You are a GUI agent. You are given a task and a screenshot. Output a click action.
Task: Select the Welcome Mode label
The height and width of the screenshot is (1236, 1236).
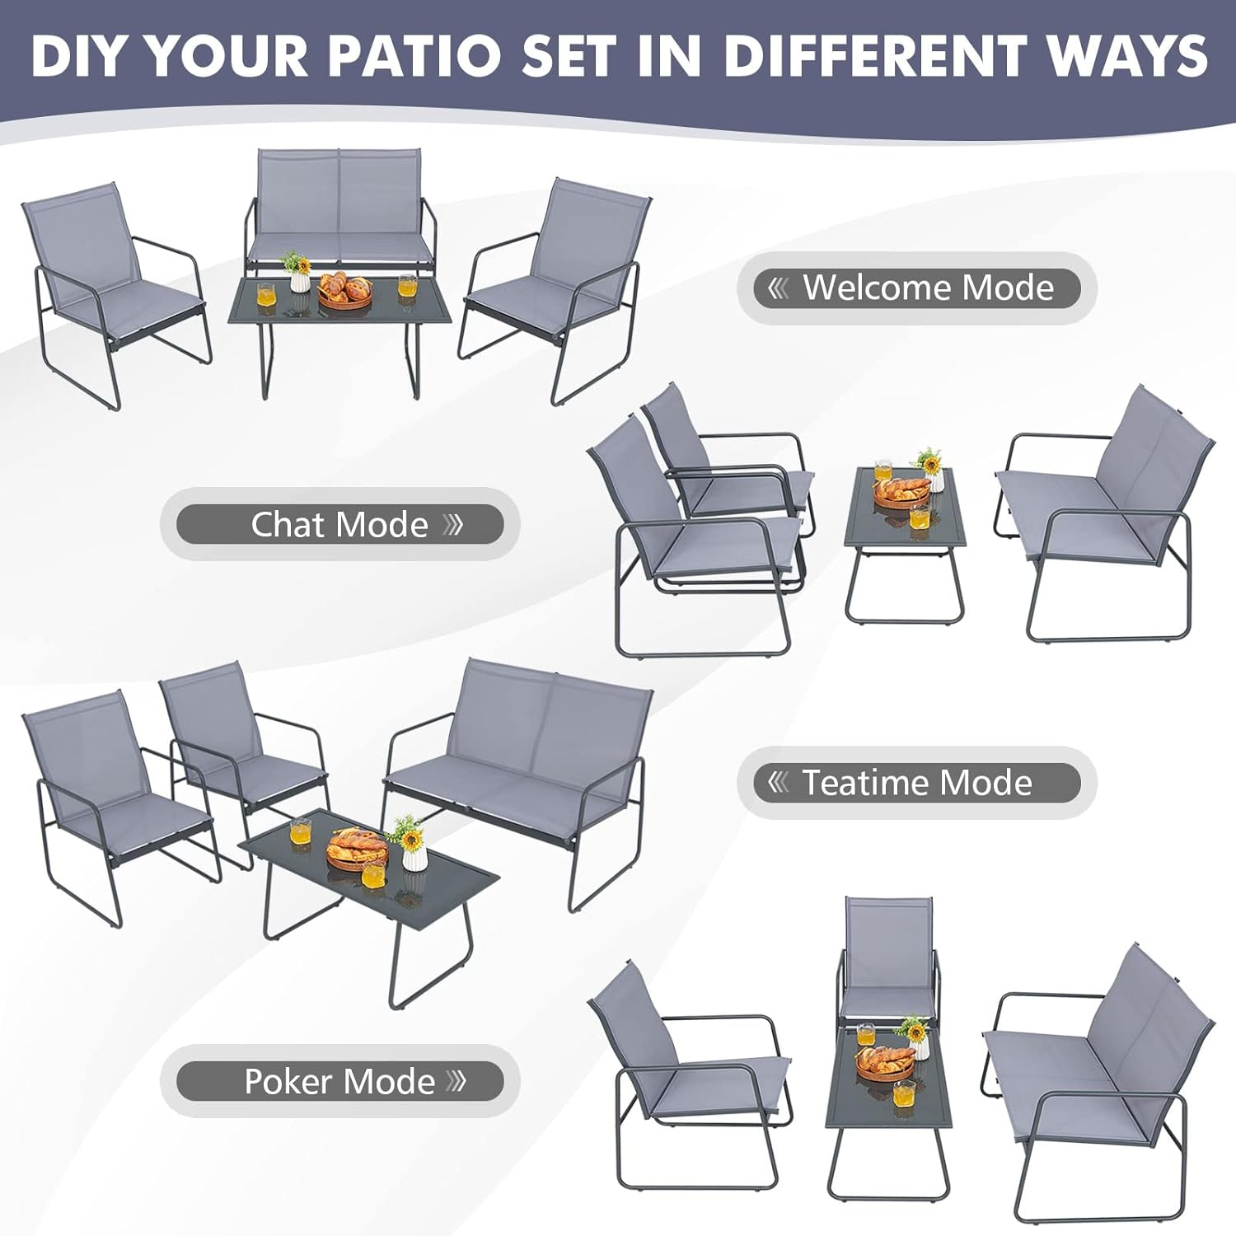click(916, 288)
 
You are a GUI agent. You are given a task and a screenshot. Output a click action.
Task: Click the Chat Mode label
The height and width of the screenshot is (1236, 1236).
click(339, 524)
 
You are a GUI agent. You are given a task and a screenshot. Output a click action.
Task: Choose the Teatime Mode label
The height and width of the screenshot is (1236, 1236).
click(916, 783)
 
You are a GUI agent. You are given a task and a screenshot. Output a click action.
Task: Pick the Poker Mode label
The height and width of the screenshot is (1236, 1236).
click(339, 1081)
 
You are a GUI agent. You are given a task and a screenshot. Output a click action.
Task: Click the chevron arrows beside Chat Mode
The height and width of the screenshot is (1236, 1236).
click(454, 524)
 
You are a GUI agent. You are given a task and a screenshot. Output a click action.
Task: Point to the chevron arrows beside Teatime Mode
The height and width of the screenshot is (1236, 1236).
click(778, 782)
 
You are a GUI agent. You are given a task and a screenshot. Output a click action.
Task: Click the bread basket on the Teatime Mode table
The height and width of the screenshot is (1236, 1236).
click(357, 849)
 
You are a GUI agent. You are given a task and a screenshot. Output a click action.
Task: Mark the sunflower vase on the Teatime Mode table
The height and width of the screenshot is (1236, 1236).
click(411, 845)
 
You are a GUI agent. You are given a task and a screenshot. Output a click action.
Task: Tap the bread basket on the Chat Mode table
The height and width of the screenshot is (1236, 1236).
click(901, 491)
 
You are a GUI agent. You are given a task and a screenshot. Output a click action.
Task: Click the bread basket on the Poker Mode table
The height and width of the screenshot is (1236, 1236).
click(886, 1062)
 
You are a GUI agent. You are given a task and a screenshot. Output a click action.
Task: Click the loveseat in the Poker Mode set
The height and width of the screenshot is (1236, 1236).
click(1096, 1071)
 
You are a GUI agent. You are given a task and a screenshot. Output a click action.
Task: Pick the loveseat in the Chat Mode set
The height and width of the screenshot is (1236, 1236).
click(1104, 511)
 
